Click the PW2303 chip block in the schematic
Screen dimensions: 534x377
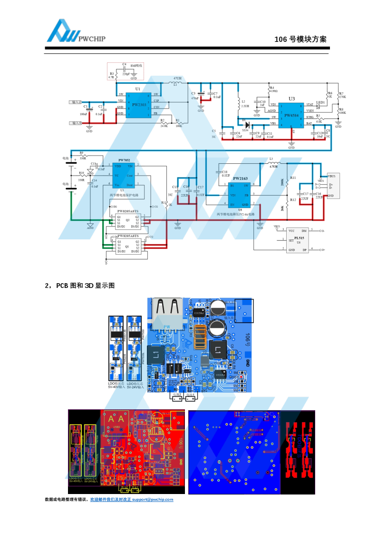[138, 104]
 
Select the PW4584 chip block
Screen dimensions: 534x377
[291, 114]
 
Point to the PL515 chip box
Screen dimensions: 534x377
[299, 239]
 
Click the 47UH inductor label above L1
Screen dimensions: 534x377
[177, 78]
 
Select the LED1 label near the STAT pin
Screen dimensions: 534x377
[320, 102]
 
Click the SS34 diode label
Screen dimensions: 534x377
[245, 129]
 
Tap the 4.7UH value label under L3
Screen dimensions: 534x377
[273, 167]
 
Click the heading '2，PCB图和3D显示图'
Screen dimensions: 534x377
[80, 286]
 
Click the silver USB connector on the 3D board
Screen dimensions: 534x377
[167, 314]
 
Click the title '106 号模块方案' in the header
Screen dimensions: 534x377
[300, 39]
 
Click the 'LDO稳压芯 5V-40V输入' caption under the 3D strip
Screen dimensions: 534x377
[117, 385]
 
